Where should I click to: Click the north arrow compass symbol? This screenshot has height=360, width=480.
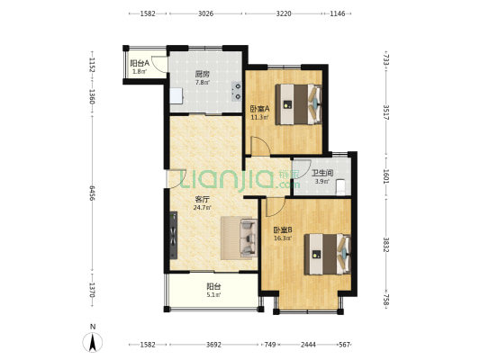click(93, 342)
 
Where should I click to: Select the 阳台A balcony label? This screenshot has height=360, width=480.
click(140, 63)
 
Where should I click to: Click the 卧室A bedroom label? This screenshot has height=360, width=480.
click(260, 109)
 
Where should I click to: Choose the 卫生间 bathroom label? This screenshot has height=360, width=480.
click(322, 173)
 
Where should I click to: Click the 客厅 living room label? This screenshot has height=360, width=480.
click(202, 200)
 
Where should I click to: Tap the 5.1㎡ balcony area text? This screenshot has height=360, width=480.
click(213, 295)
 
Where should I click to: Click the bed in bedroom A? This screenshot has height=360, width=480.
click(298, 104)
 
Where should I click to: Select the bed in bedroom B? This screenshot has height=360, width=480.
click(327, 254)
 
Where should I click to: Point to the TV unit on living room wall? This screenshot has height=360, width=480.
click(174, 235)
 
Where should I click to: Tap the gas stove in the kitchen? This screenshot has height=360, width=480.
click(236, 91)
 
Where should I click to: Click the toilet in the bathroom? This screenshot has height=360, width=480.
click(340, 187)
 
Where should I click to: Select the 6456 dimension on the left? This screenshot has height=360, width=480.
click(92, 193)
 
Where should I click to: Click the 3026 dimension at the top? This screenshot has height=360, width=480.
click(205, 13)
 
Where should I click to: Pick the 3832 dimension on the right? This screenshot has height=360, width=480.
click(385, 245)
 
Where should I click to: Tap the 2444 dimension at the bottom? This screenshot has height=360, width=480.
click(308, 345)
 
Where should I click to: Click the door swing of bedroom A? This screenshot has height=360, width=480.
click(260, 146)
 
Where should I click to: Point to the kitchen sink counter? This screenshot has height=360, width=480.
click(177, 95)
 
